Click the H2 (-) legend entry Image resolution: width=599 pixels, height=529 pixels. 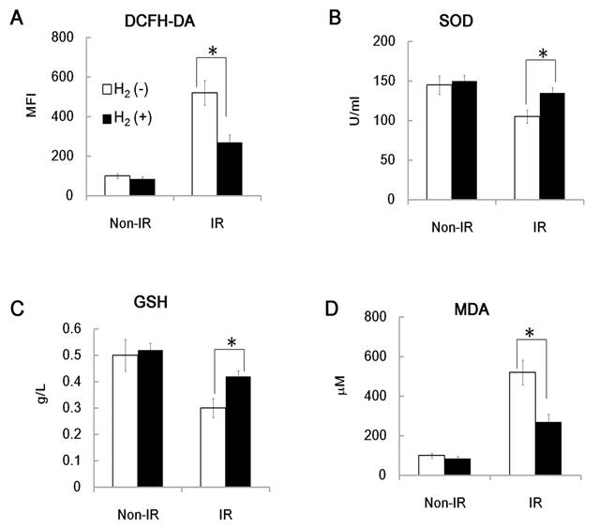point(131,90)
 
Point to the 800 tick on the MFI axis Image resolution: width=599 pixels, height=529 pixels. point(61,38)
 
